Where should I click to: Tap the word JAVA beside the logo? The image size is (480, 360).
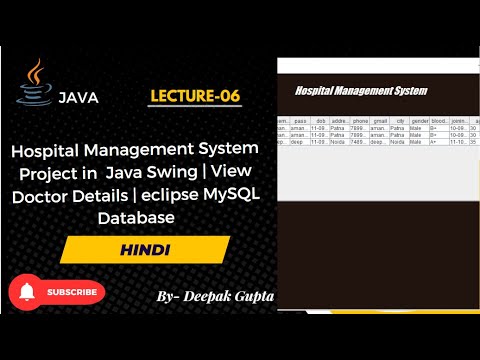[x=78, y=98]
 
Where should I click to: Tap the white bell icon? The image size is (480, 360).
[x=28, y=292]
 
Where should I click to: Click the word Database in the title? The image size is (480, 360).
[x=136, y=216]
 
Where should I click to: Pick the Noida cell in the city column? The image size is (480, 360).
[x=398, y=142]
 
